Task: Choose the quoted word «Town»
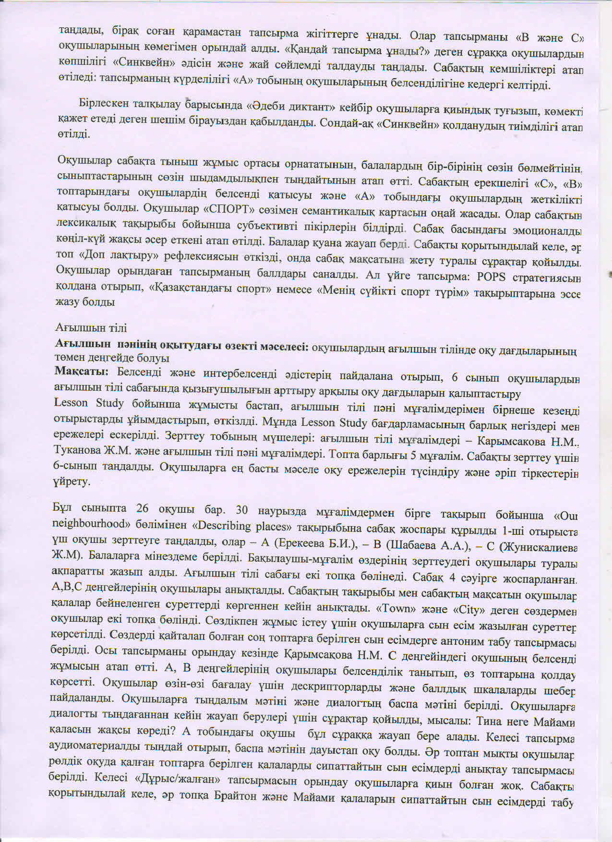click(393, 609)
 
